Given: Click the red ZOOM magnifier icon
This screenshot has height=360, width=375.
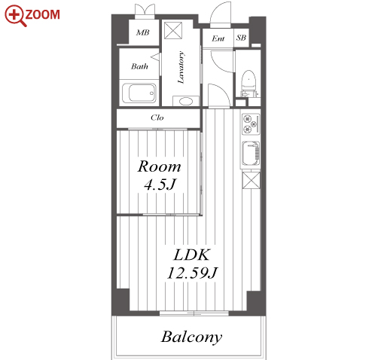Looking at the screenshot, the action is pyautogui.click(x=15, y=16).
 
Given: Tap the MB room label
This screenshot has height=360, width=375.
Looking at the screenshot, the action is pyautogui.click(x=142, y=32).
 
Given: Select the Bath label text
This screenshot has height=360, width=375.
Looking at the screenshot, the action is pyautogui.click(x=139, y=66).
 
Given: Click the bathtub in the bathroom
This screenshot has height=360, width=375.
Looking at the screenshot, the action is pyautogui.click(x=139, y=93).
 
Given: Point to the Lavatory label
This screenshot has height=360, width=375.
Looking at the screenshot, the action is pyautogui.click(x=181, y=67).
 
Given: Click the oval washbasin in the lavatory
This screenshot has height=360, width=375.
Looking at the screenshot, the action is pyautogui.click(x=186, y=102).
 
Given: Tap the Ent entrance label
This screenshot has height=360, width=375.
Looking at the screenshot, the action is pyautogui.click(x=218, y=38).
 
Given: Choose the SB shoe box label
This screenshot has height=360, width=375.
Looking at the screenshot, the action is pyautogui.click(x=241, y=38).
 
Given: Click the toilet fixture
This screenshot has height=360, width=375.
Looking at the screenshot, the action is pyautogui.click(x=248, y=83).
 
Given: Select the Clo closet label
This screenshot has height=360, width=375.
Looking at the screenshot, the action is pyautogui.click(x=157, y=117).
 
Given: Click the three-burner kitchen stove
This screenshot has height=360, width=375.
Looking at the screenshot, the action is pyautogui.click(x=251, y=124).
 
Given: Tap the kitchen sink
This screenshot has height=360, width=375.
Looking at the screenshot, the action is pyautogui.click(x=251, y=154).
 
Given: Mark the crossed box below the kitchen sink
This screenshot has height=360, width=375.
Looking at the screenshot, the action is pyautogui.click(x=251, y=180).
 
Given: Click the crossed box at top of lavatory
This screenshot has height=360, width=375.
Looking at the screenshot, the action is pyautogui.click(x=173, y=30).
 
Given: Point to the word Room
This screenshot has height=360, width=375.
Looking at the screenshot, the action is pyautogui.click(x=159, y=166).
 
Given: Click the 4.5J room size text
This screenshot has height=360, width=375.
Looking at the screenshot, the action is pyautogui.click(x=160, y=185).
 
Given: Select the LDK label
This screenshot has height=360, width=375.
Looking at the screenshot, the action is pyautogui.click(x=191, y=255).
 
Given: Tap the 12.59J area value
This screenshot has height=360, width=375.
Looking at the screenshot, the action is pyautogui.click(x=192, y=273).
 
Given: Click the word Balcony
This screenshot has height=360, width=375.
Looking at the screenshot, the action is pyautogui.click(x=191, y=337).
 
